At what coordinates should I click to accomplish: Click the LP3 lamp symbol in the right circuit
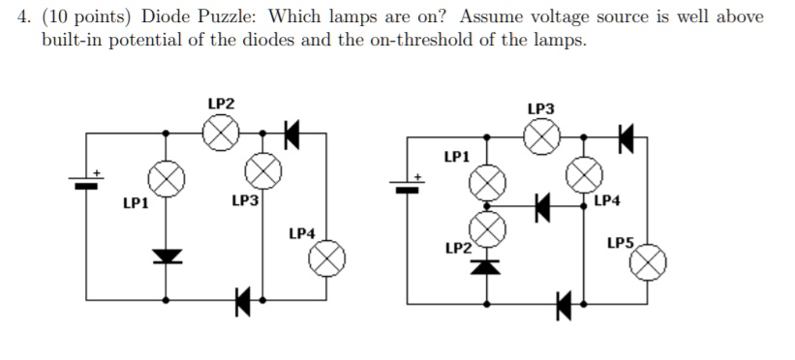[x=541, y=138]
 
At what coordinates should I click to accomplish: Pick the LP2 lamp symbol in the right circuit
[x=488, y=229]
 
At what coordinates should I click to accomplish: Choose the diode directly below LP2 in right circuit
[x=488, y=262]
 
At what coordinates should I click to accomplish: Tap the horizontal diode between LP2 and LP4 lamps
[x=542, y=204]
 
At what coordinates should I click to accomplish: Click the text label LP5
[x=621, y=242]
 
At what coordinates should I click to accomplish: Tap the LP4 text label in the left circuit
[x=302, y=233]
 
